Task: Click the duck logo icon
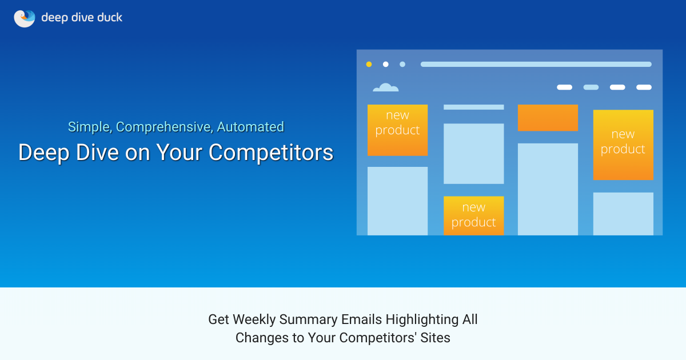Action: pyautogui.click(x=25, y=18)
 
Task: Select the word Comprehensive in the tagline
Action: pyautogui.click(x=163, y=127)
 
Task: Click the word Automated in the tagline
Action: pyautogui.click(x=250, y=127)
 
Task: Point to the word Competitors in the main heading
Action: pyautogui.click(x=271, y=153)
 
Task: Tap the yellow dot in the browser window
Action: pyautogui.click(x=369, y=65)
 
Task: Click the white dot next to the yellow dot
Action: pyautogui.click(x=386, y=65)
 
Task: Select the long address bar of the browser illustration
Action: pyautogui.click(x=536, y=65)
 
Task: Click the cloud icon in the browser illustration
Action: pyautogui.click(x=385, y=87)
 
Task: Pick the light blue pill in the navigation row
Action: pyautogui.click(x=591, y=87)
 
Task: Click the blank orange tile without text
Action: pyautogui.click(x=548, y=118)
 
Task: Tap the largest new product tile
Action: pyautogui.click(x=623, y=145)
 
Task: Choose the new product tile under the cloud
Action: pyautogui.click(x=397, y=130)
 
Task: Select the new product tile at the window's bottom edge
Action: pyautogui.click(x=473, y=215)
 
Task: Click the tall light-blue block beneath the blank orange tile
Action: pyautogui.click(x=548, y=189)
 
